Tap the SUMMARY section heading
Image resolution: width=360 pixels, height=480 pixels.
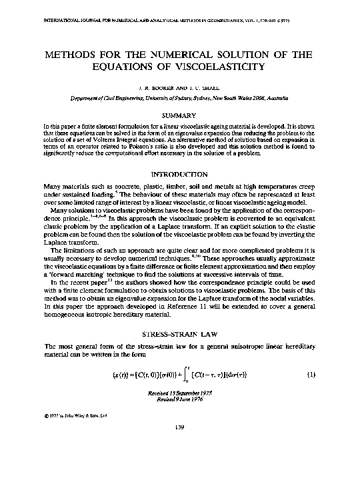[179, 115]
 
